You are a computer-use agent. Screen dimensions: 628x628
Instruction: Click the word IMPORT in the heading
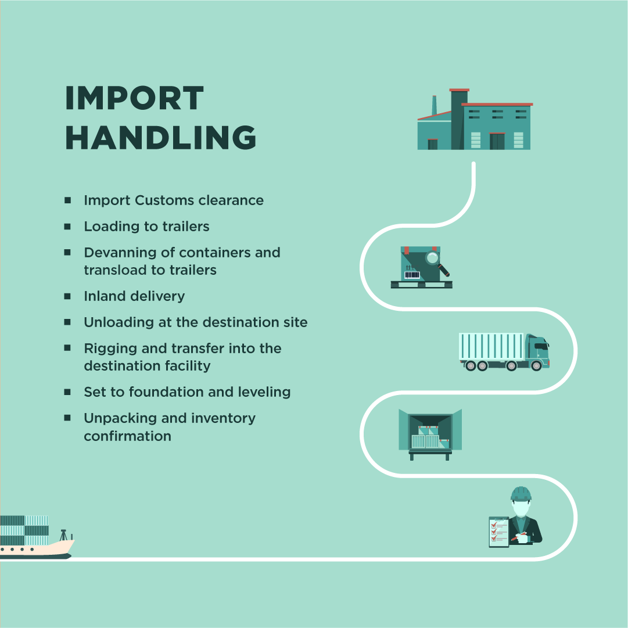click(x=134, y=98)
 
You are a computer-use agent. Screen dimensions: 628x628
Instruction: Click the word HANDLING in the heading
click(x=160, y=138)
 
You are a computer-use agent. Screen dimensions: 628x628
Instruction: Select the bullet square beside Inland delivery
click(x=68, y=296)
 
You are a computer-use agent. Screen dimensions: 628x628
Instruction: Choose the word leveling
click(x=264, y=392)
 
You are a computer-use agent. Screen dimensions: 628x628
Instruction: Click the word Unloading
click(x=119, y=322)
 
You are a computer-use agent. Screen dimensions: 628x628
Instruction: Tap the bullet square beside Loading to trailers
click(x=68, y=226)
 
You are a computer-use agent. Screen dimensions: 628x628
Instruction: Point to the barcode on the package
click(x=412, y=275)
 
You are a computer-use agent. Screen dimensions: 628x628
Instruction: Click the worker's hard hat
click(x=521, y=494)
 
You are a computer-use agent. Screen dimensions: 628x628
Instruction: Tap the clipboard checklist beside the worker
click(x=498, y=531)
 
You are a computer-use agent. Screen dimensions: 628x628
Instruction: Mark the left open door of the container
click(x=403, y=429)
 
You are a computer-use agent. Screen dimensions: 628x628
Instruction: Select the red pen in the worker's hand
click(x=518, y=536)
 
